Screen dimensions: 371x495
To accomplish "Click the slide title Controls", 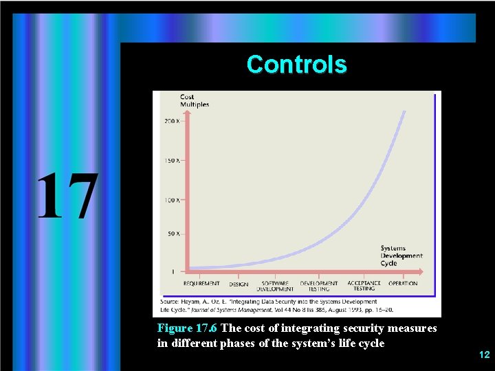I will (x=296, y=65).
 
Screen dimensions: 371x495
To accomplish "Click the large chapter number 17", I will (x=67, y=196).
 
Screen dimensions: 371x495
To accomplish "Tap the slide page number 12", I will (x=484, y=355).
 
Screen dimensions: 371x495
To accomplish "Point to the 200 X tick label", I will (x=172, y=122).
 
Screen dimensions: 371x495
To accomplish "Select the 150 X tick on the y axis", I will (x=172, y=161).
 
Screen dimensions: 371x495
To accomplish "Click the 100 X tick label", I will (x=172, y=200).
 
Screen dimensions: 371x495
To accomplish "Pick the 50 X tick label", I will (x=173, y=234).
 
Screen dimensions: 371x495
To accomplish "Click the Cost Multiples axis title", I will (x=194, y=101).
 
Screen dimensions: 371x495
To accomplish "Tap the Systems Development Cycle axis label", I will (x=401, y=256).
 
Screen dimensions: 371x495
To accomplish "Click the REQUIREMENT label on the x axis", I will (x=201, y=283).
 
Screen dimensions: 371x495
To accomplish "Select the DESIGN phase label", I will (x=239, y=284).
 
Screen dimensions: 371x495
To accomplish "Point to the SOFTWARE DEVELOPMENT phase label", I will (x=275, y=286).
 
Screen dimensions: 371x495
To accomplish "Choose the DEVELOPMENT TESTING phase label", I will (x=318, y=286).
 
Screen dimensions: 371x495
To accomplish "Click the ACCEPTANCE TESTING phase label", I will (x=364, y=286).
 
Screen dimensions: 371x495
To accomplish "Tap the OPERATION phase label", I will (x=403, y=283).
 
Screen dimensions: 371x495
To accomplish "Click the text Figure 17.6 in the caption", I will (x=188, y=328).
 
